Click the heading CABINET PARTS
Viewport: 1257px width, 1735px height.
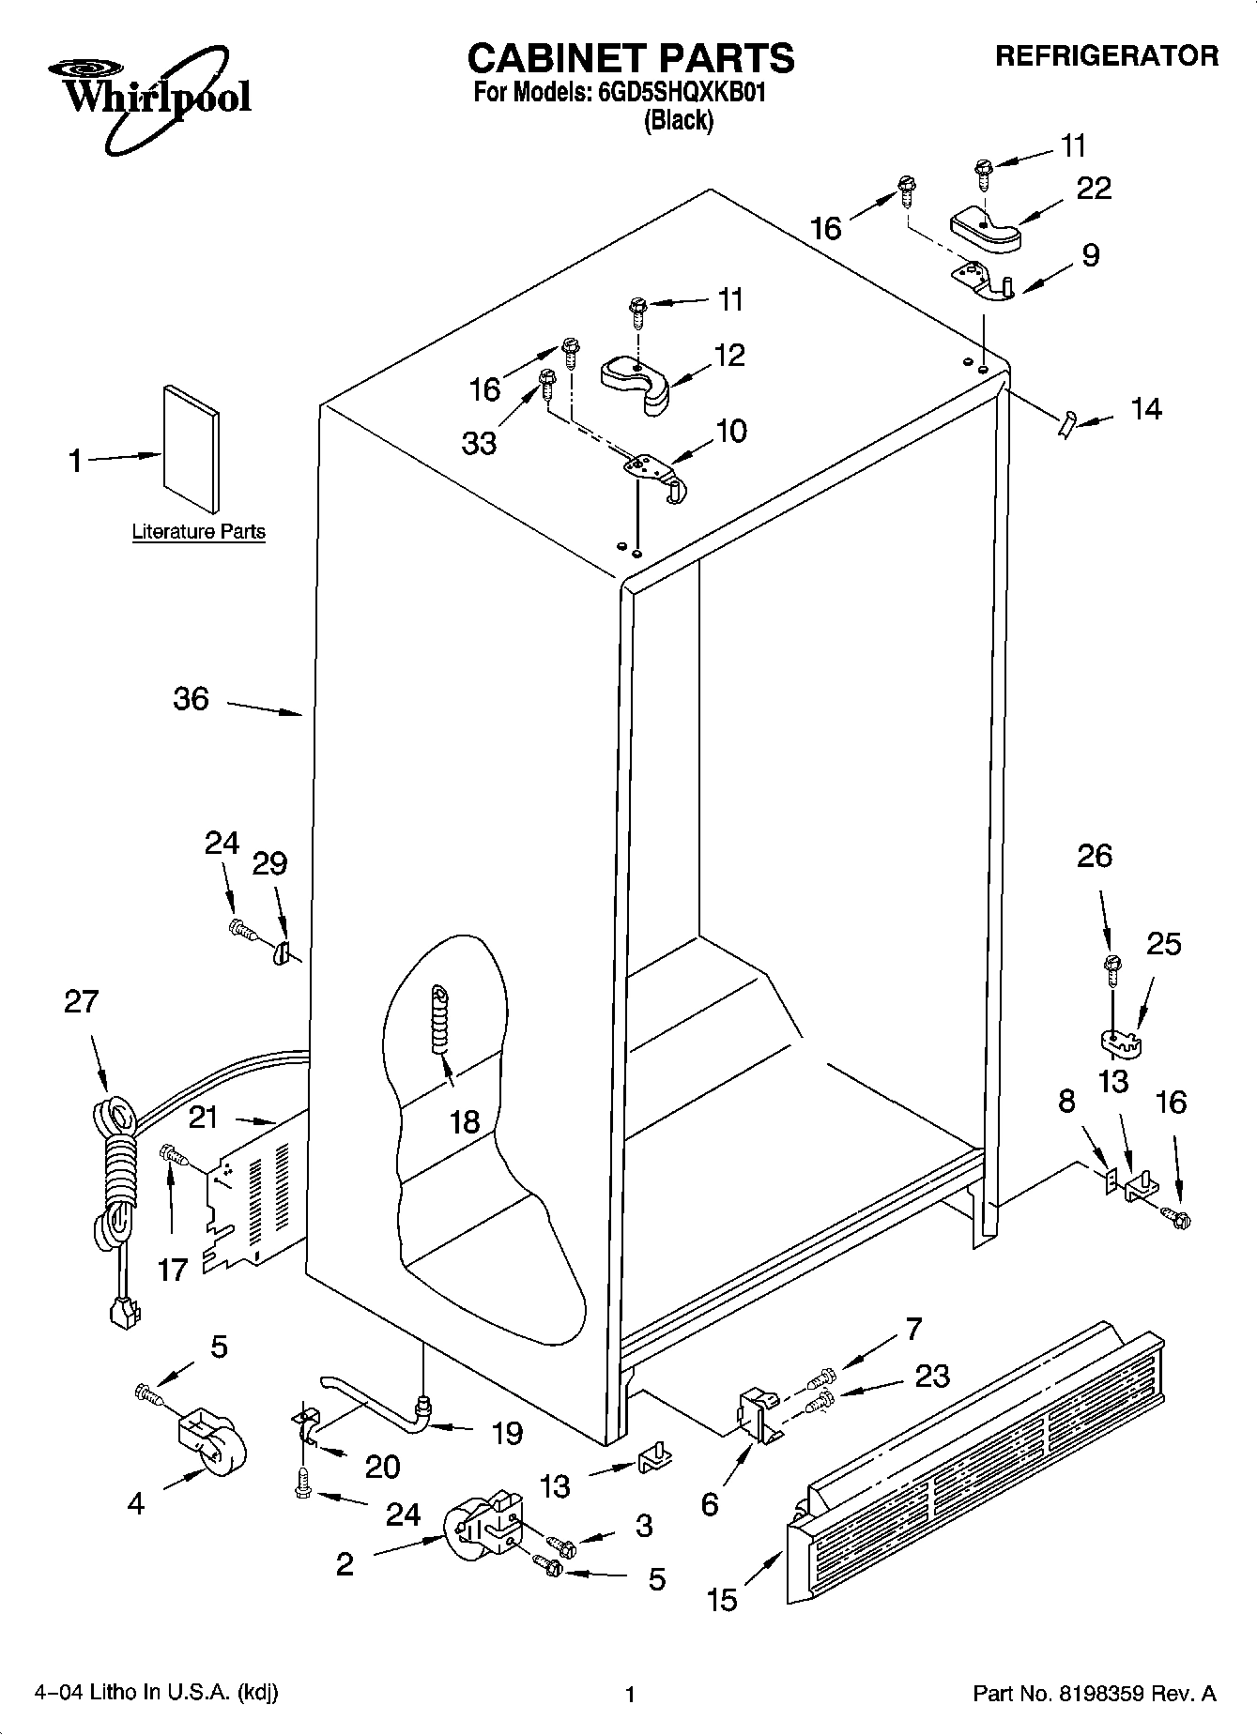[630, 58]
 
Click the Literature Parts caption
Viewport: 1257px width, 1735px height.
[198, 532]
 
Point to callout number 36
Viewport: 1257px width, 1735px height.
[191, 699]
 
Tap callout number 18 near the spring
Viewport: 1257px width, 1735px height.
[465, 1120]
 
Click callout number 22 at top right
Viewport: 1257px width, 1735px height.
[1094, 189]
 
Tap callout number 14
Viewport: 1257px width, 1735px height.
[1145, 409]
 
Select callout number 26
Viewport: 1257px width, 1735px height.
[1095, 856]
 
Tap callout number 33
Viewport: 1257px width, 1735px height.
[479, 442]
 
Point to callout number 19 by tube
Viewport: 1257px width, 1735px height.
[507, 1433]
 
